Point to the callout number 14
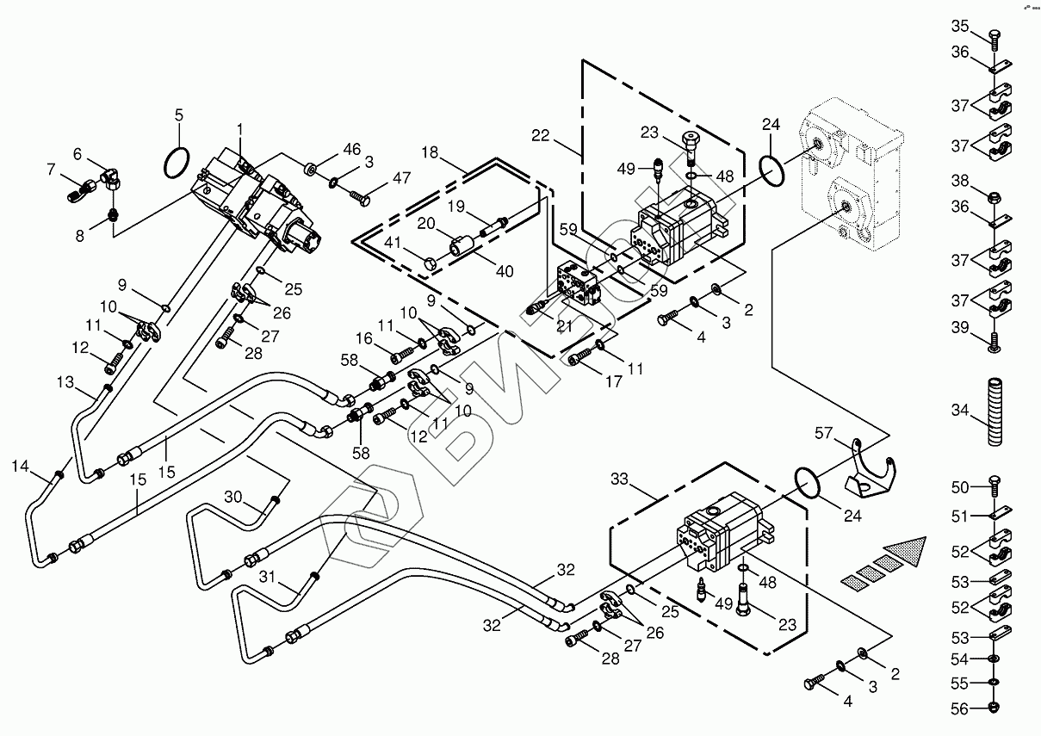click(21, 467)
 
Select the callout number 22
click(540, 135)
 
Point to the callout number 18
click(431, 152)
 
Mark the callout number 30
click(233, 497)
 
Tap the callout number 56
click(960, 708)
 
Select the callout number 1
click(240, 129)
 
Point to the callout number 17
click(613, 381)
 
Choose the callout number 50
click(960, 488)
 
